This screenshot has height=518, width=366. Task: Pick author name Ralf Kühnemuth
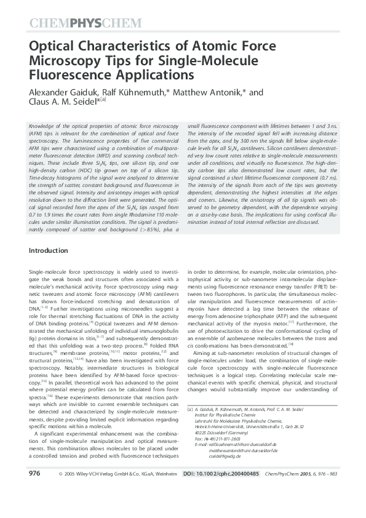click(135, 92)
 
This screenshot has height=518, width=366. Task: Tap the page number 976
click(34, 491)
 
